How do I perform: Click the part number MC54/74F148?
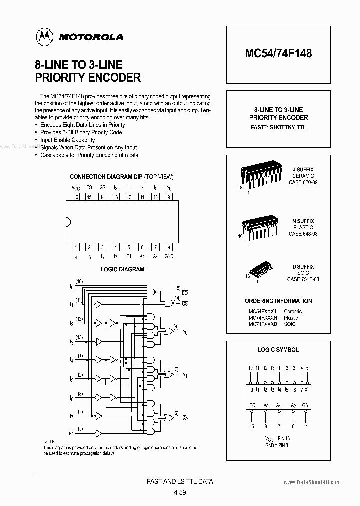(x=279, y=53)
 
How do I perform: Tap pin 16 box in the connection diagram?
(x=76, y=197)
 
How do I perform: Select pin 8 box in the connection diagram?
(x=169, y=247)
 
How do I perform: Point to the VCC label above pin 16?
(x=76, y=188)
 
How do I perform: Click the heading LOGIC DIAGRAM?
(x=123, y=269)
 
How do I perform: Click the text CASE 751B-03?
(x=303, y=279)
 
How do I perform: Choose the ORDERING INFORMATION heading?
(x=278, y=301)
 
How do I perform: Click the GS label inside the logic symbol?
(x=305, y=406)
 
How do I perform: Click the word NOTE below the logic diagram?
(x=50, y=442)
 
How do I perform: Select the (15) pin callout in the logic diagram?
(x=177, y=288)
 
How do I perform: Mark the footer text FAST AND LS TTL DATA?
(x=180, y=481)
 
